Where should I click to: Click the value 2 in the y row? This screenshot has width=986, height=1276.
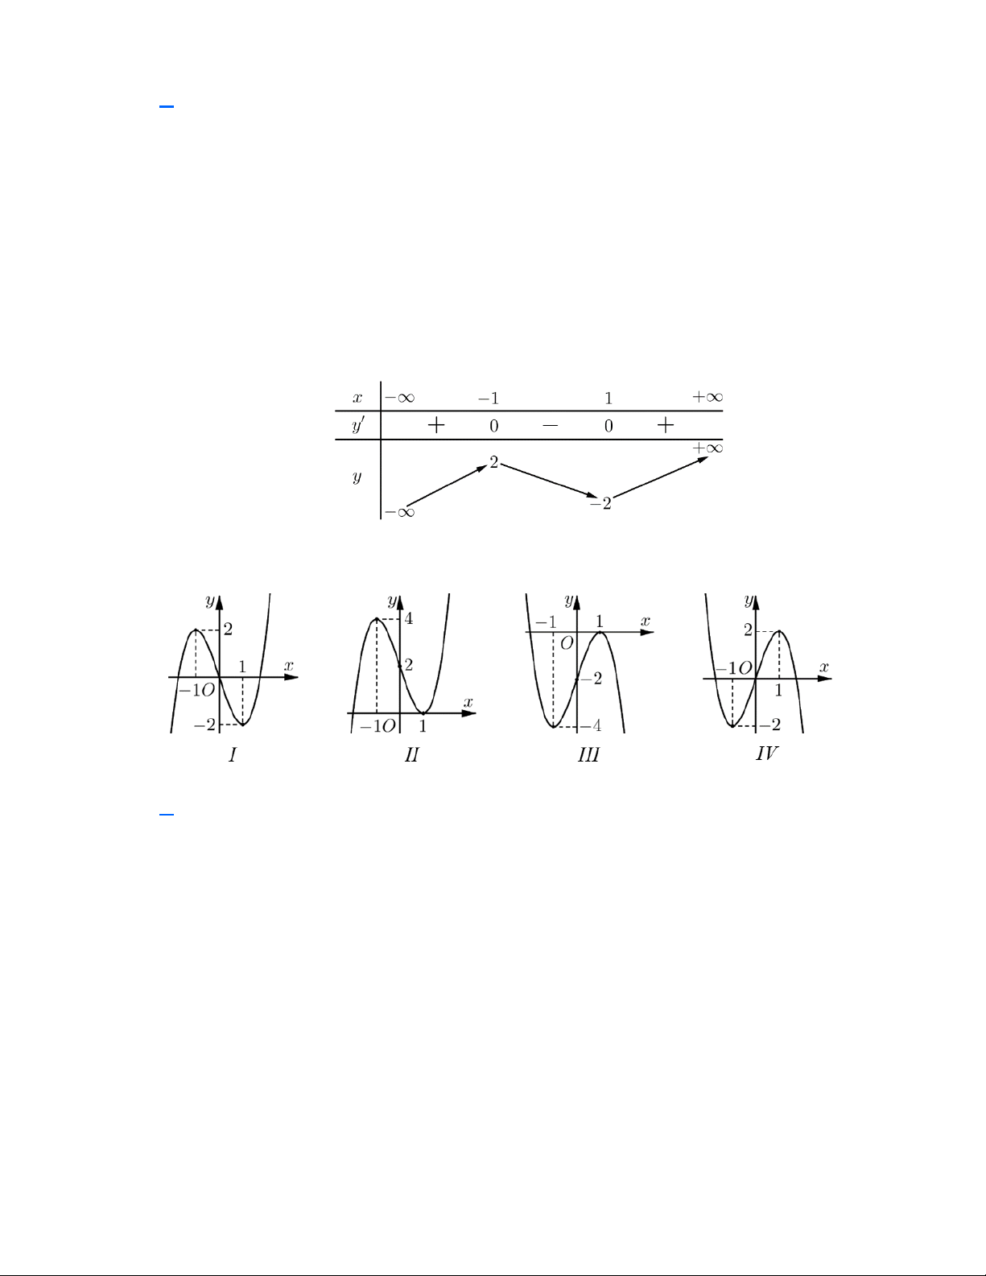point(493,463)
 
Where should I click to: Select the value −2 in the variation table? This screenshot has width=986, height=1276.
point(601,503)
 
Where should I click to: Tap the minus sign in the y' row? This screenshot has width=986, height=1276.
point(550,426)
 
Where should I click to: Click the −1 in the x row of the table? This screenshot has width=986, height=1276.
point(489,398)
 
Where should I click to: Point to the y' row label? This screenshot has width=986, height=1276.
point(357,425)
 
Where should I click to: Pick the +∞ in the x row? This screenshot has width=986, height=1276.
point(708,397)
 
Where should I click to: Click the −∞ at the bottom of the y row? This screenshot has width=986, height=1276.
point(400,512)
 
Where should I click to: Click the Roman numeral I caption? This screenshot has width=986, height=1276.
point(233,754)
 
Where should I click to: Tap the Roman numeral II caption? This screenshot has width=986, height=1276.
point(411,754)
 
